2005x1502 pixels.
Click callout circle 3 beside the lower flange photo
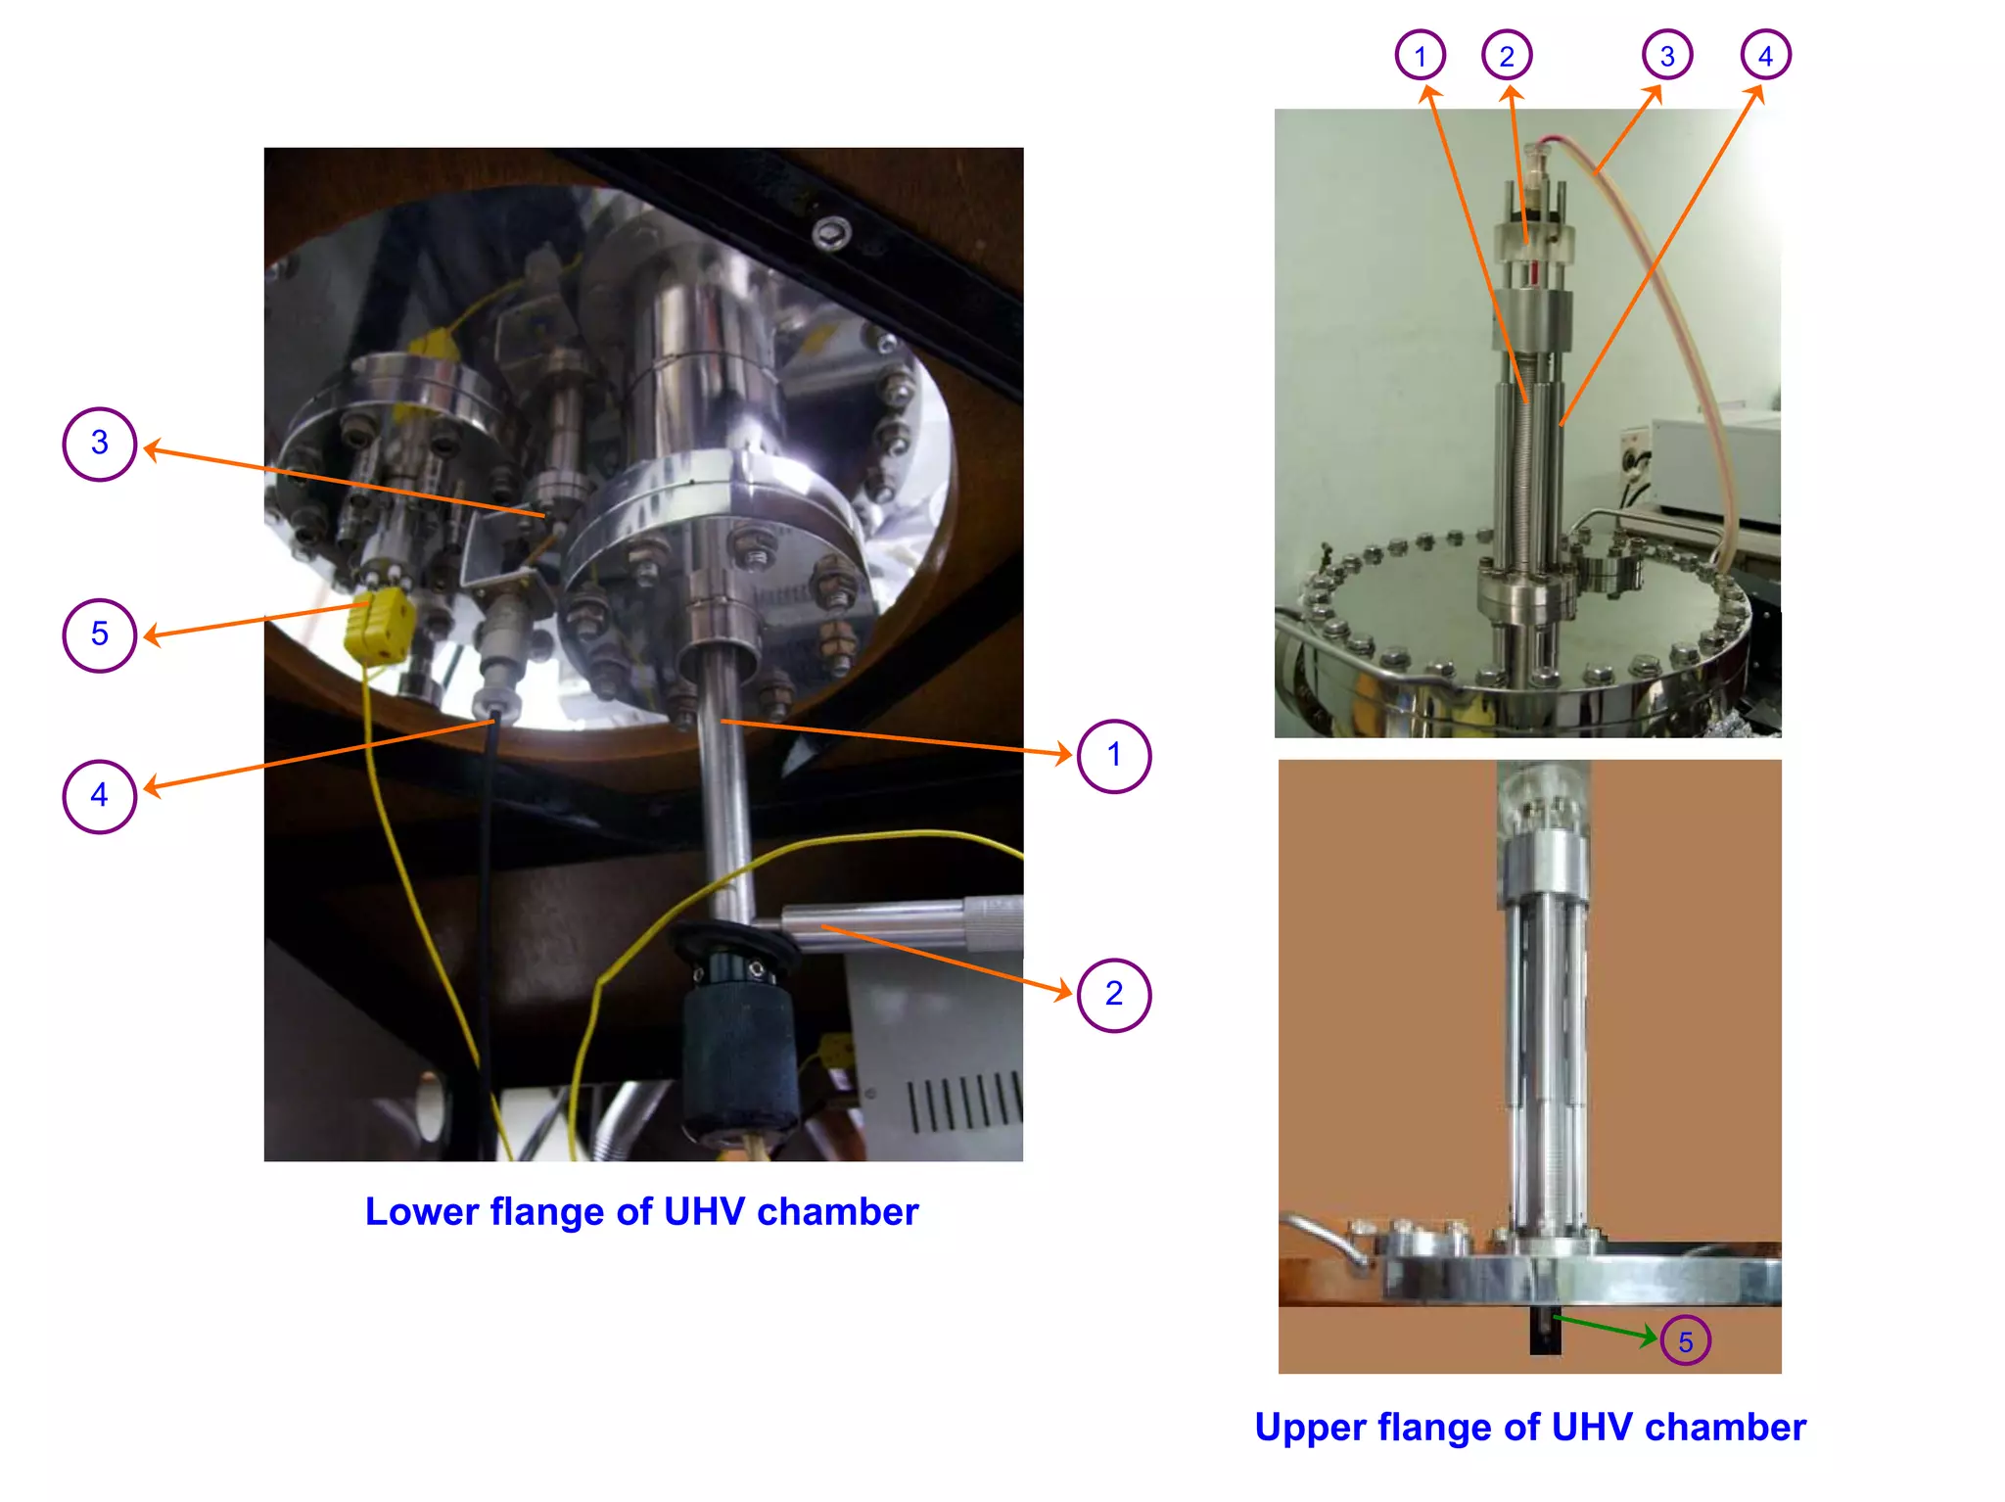pos(99,444)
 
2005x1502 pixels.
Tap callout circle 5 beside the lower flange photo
pos(99,635)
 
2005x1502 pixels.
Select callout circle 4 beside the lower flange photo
pos(99,796)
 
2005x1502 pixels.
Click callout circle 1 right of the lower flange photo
pos(1113,756)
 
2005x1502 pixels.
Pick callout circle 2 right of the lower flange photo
pos(1113,995)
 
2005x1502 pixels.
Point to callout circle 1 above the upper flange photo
pos(1420,56)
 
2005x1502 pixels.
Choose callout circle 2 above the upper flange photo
pos(1507,56)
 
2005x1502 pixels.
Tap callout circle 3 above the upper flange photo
pos(1667,56)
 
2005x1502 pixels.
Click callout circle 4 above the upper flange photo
pos(1765,56)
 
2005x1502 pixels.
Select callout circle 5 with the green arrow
pos(1685,1341)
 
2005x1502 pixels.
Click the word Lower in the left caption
pos(421,1212)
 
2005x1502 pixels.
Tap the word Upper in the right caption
pos(1310,1428)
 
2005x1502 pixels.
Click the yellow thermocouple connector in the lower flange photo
pos(379,625)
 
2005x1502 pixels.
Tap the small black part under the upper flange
pos(1545,1333)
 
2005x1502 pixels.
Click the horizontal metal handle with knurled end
pos(901,922)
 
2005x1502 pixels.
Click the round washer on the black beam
pos(831,233)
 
